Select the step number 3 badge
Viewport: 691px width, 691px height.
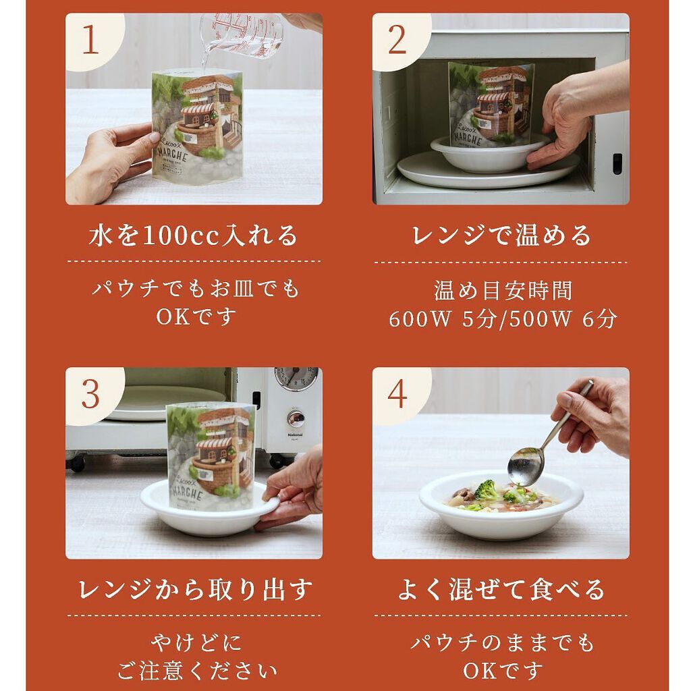pos(90,393)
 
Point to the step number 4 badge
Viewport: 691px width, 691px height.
pos(397,393)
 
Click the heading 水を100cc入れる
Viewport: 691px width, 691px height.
pos(194,236)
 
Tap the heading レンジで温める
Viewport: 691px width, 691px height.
pos(501,236)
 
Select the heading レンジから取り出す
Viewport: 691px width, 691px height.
pos(194,590)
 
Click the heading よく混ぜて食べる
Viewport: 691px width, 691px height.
pos(501,590)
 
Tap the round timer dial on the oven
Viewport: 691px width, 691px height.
pos(296,378)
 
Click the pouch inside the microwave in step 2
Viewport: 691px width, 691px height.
pos(491,101)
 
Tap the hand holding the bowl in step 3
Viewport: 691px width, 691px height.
pos(294,489)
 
